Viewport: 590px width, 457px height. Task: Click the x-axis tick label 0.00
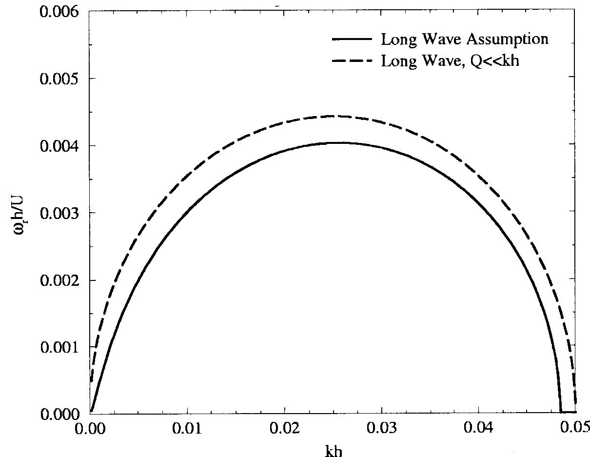tap(90, 431)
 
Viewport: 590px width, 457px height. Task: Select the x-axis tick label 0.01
tap(187, 431)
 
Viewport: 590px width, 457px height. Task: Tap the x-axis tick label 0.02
tap(284, 431)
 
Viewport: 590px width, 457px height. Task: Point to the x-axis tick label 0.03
tap(381, 431)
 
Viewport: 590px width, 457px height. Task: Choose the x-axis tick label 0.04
tap(478, 431)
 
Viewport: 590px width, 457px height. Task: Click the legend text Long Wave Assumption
tap(465, 40)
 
